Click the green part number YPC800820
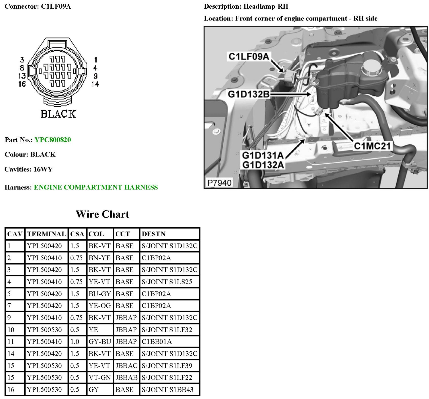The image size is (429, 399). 53,140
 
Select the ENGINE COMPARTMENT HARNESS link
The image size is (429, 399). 96,187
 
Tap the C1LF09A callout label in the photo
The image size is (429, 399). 249,56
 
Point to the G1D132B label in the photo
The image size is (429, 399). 249,94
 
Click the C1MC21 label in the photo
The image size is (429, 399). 372,146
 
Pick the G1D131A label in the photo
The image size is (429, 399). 263,155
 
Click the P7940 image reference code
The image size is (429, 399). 219,183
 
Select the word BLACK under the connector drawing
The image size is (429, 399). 58,114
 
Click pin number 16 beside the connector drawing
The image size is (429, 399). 22,84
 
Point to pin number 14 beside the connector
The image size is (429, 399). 95,84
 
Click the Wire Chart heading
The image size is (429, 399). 102,214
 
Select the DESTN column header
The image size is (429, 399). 153,234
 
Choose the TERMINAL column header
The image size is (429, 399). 46,234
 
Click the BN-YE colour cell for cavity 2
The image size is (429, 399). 99,258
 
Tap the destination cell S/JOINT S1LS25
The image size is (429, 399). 167,282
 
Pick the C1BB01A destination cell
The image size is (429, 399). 157,341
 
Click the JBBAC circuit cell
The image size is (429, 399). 126,366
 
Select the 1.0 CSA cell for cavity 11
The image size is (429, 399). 75,341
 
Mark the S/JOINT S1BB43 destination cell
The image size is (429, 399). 167,389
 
